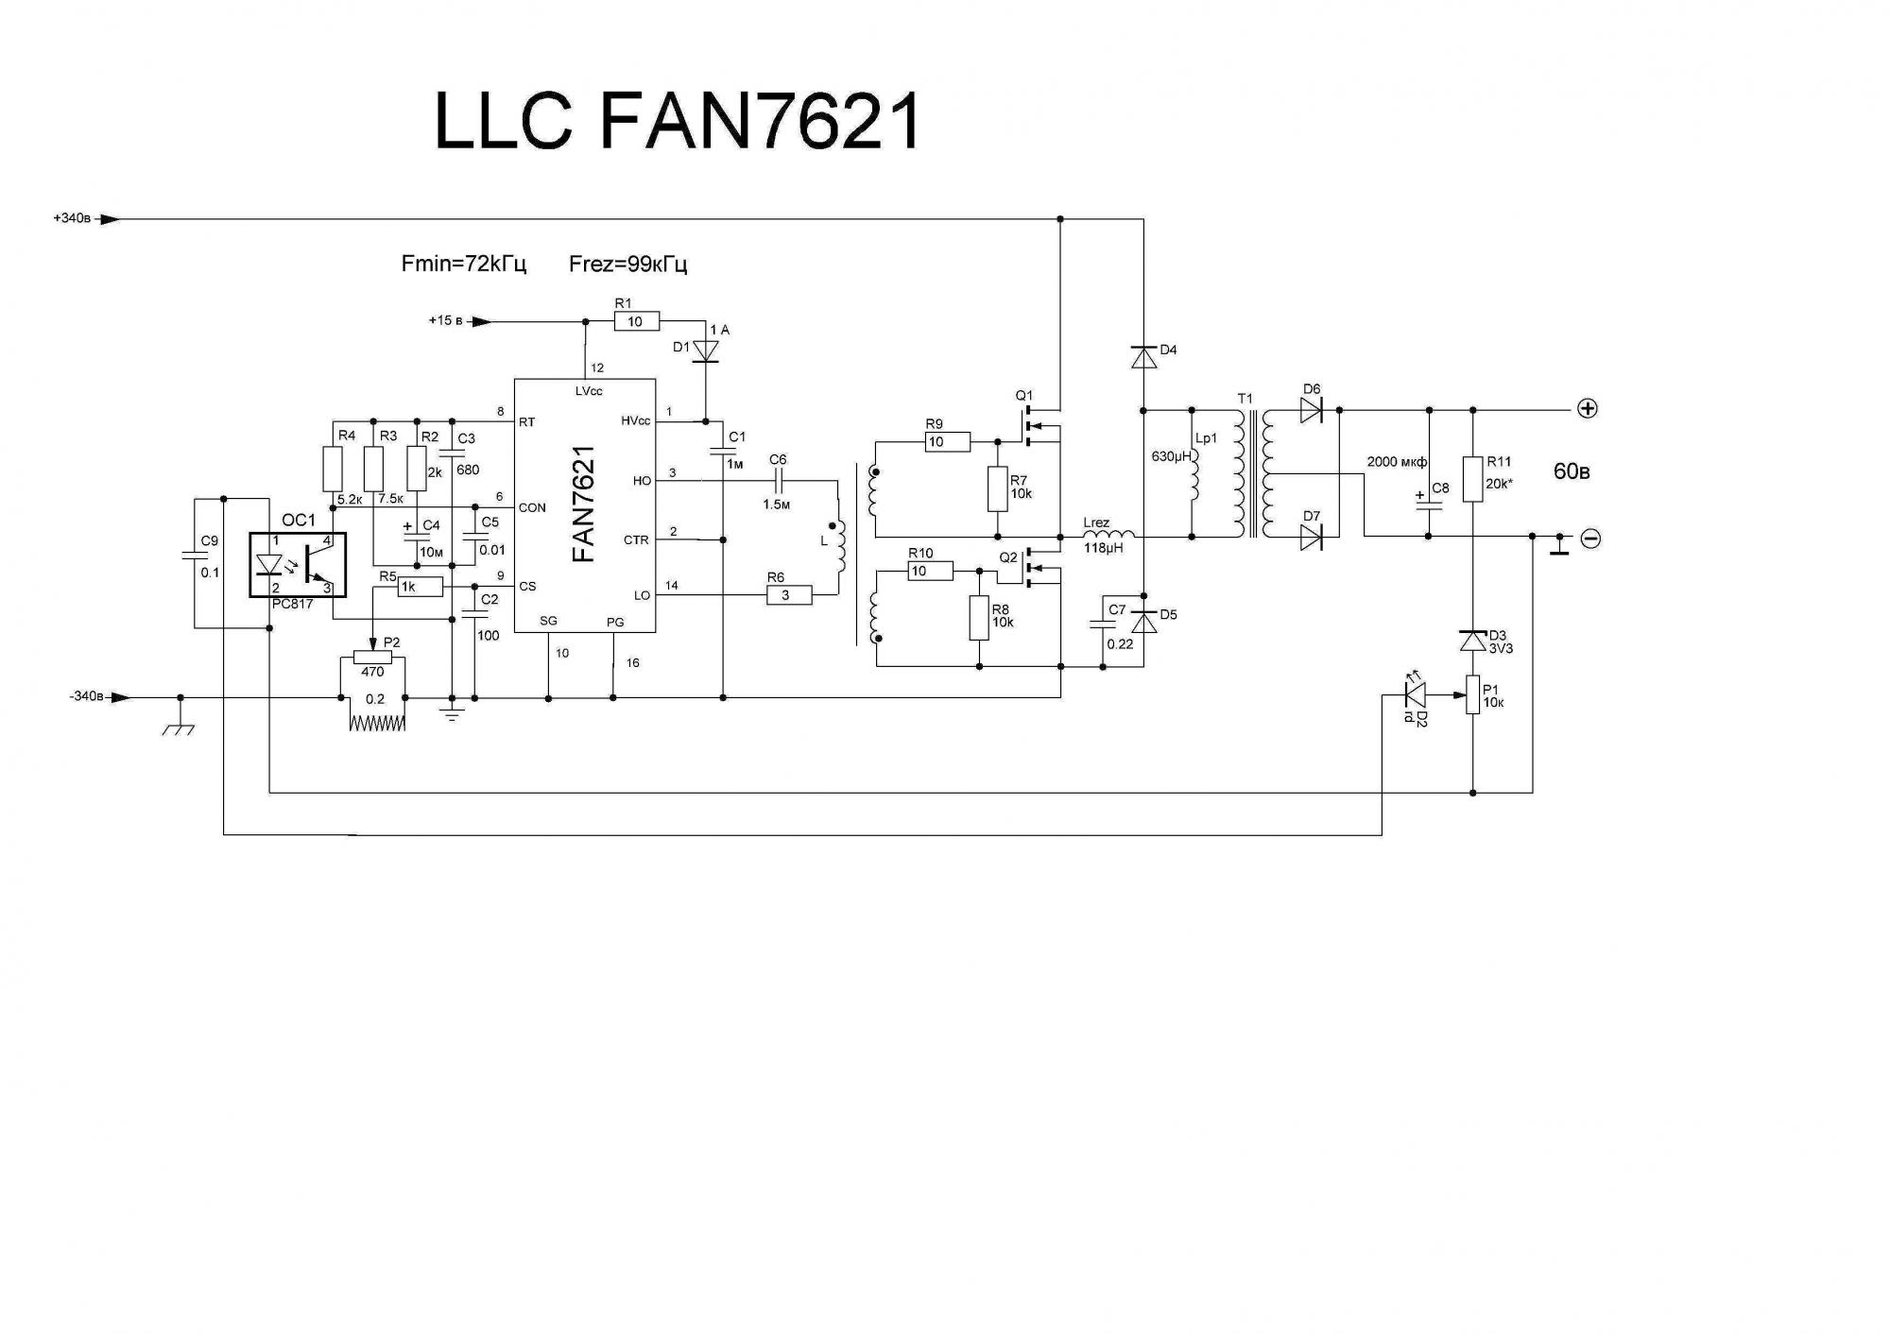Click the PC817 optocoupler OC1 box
coord(298,565)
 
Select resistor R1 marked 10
coord(636,321)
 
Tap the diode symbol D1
coord(706,351)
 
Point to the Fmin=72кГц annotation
coord(463,264)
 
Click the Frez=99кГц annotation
coord(627,264)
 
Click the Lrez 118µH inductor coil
coord(1108,536)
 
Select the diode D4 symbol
coord(1143,358)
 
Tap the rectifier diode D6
coord(1311,410)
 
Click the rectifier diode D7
coord(1311,537)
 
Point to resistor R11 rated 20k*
coord(1472,479)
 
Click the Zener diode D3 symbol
coord(1472,641)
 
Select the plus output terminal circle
coord(1588,409)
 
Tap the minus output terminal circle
coord(1590,539)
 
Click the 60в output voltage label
coord(1572,471)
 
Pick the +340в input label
coord(73,219)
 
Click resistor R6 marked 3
coord(788,595)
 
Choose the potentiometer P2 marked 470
coord(372,657)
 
